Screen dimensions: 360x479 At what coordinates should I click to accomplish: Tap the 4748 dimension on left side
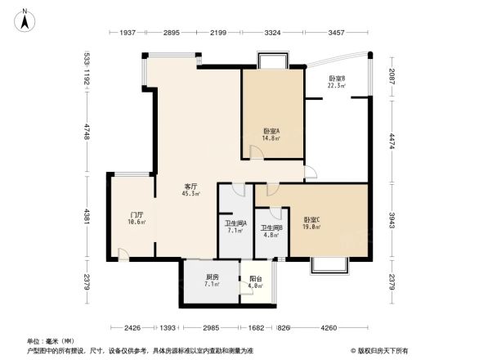[x=86, y=132]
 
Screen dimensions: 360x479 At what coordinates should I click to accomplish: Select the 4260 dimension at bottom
[x=329, y=328]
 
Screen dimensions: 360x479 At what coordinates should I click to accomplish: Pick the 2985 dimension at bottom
[x=213, y=328]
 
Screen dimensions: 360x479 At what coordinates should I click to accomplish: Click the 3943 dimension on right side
[x=392, y=221]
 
